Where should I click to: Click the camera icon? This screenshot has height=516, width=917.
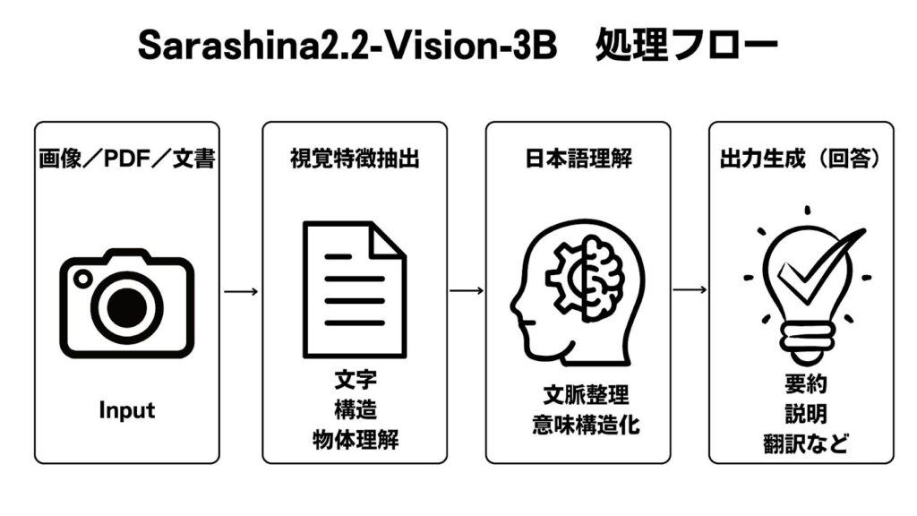(126, 303)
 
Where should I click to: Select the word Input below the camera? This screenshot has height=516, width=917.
(126, 410)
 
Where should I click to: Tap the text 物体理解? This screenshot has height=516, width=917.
(355, 440)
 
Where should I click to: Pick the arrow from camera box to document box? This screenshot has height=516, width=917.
(241, 291)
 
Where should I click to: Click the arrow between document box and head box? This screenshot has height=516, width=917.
(466, 291)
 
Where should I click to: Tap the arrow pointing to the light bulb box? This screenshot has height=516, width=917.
(690, 291)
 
